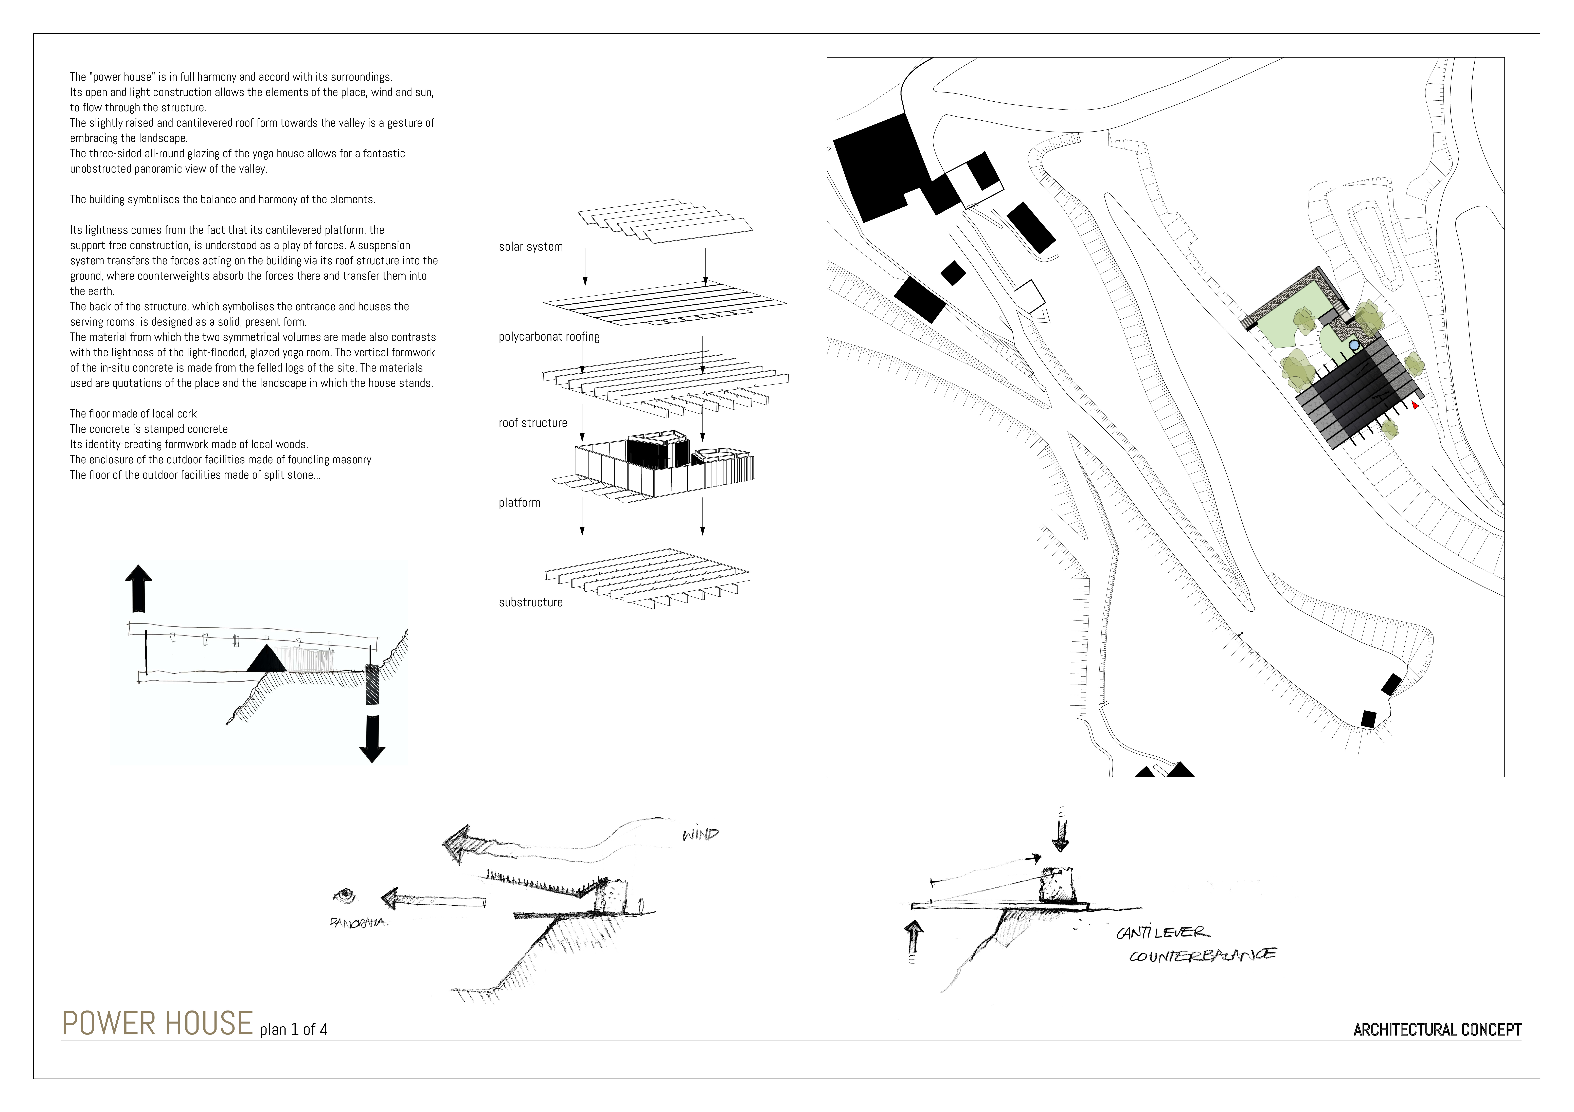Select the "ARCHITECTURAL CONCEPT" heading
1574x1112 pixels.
[x=1438, y=1030]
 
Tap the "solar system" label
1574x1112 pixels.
[x=531, y=247]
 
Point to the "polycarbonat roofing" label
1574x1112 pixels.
[x=549, y=337]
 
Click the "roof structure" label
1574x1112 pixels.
[x=533, y=423]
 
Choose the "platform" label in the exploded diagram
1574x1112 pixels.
[x=520, y=503]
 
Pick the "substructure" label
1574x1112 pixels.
[x=531, y=603]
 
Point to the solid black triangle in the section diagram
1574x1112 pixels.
[x=267, y=658]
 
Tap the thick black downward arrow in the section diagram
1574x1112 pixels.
[x=372, y=739]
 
